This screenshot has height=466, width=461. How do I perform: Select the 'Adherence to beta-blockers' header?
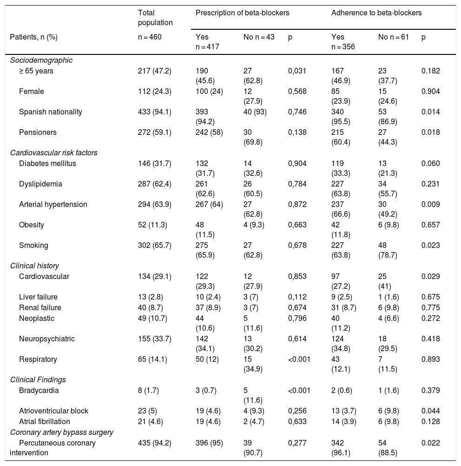[376, 13]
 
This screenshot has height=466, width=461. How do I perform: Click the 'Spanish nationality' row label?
[51, 112]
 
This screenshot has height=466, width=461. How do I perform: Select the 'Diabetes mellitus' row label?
[47, 164]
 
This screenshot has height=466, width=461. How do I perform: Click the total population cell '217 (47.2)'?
[152, 71]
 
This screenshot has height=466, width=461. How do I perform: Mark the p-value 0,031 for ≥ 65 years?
[297, 71]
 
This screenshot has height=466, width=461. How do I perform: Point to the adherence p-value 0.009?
[430, 205]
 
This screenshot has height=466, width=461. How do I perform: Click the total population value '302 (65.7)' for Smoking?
[152, 246]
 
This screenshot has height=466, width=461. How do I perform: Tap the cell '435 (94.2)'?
[152, 443]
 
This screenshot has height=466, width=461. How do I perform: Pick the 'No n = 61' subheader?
[393, 37]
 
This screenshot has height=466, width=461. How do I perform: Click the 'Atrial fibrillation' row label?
[45, 422]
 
